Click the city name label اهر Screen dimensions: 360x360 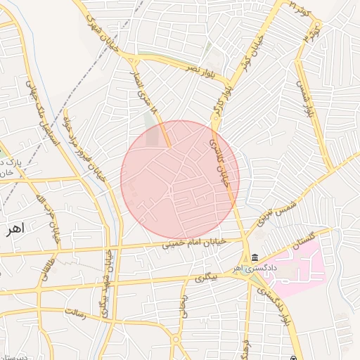pyautogui.click(x=13, y=228)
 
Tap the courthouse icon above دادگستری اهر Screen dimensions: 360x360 pyautogui.click(x=254, y=257)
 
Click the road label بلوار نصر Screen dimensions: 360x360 pyautogui.click(x=200, y=69)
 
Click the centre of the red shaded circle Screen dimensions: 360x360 pyautogui.click(x=180, y=179)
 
